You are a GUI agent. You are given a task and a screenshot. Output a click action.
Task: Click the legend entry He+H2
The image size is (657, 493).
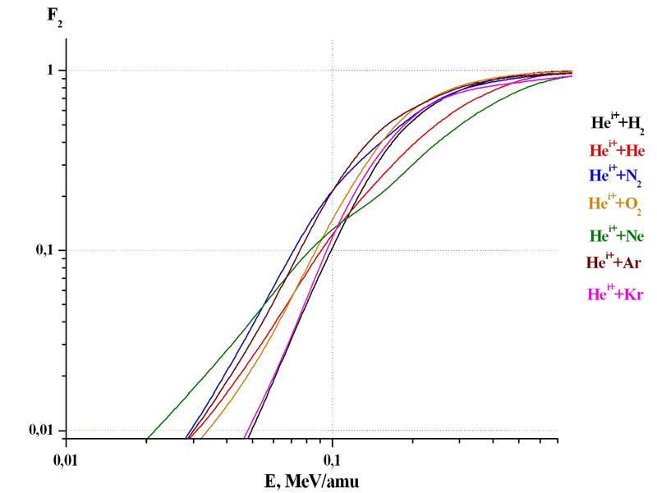pos(618,124)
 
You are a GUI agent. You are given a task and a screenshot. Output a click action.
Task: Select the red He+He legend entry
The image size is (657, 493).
pos(617,150)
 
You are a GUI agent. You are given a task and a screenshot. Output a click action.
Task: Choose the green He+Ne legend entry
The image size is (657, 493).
pos(617,236)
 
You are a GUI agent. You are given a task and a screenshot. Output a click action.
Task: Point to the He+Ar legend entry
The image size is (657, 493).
pos(613,263)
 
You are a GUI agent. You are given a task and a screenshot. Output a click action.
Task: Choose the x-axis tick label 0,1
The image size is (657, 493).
pos(332,454)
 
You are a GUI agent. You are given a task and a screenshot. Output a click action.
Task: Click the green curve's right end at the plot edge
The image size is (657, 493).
pos(571,76)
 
